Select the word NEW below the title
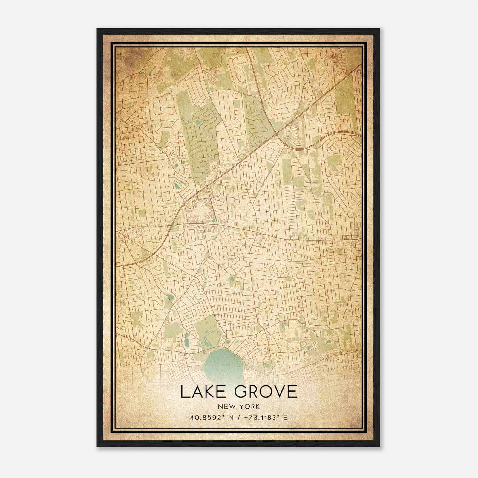click(x=226, y=406)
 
